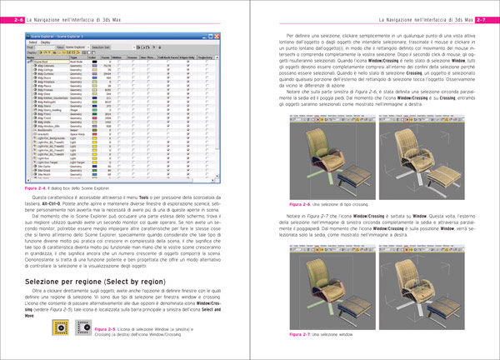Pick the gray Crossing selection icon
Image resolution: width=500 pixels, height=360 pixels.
click(x=82, y=332)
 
